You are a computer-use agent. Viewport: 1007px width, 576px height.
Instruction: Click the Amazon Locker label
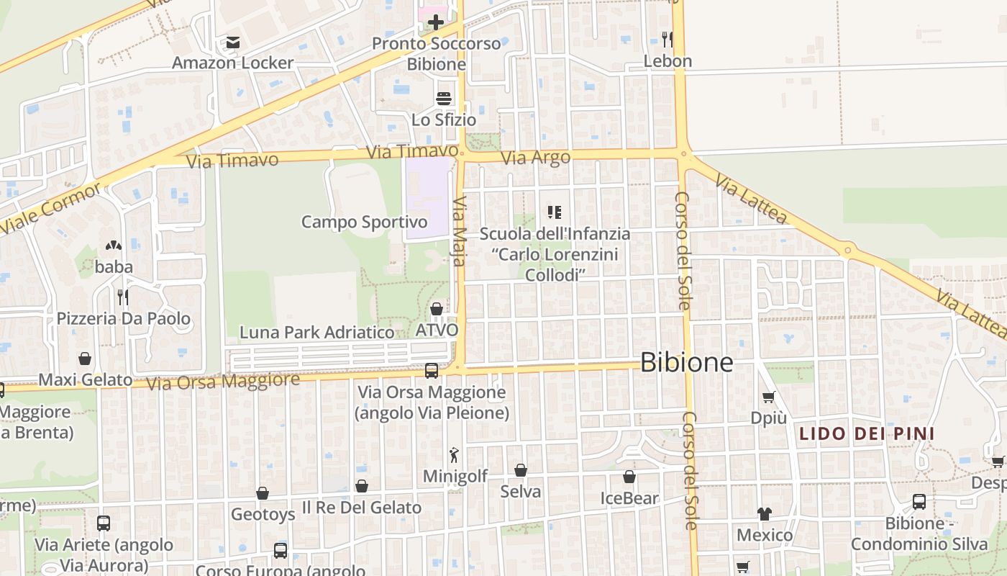pyautogui.click(x=232, y=63)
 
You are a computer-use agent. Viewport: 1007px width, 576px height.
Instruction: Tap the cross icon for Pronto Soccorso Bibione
pyautogui.click(x=436, y=22)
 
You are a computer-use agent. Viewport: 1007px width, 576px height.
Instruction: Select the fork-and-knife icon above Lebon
pyautogui.click(x=667, y=39)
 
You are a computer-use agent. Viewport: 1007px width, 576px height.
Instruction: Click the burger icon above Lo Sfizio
pyautogui.click(x=444, y=98)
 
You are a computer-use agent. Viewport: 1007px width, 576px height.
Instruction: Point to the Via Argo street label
pyautogui.click(x=535, y=157)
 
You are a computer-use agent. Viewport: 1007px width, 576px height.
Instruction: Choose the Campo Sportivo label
pyautogui.click(x=364, y=222)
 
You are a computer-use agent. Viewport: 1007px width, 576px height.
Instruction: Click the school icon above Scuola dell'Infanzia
pyautogui.click(x=555, y=212)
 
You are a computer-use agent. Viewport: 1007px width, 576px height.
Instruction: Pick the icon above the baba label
pyautogui.click(x=114, y=246)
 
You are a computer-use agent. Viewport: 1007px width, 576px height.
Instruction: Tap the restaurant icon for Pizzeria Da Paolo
pyautogui.click(x=123, y=297)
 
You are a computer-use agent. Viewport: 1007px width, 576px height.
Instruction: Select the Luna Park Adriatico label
pyautogui.click(x=316, y=332)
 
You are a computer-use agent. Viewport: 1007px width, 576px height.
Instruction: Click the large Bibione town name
pyautogui.click(x=686, y=362)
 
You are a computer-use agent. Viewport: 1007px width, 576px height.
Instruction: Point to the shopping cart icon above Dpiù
pyautogui.click(x=768, y=397)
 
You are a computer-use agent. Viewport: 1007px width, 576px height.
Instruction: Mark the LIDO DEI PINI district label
pyautogui.click(x=867, y=433)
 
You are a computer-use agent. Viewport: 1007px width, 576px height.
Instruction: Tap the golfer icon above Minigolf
pyautogui.click(x=455, y=454)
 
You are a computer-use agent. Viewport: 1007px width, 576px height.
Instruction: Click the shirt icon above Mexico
pyautogui.click(x=764, y=514)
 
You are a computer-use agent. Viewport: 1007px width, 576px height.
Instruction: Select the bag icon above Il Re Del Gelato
pyautogui.click(x=362, y=486)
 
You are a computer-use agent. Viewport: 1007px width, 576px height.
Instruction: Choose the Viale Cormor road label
pyautogui.click(x=51, y=208)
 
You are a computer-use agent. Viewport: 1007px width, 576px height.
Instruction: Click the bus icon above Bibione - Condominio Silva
pyautogui.click(x=919, y=502)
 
